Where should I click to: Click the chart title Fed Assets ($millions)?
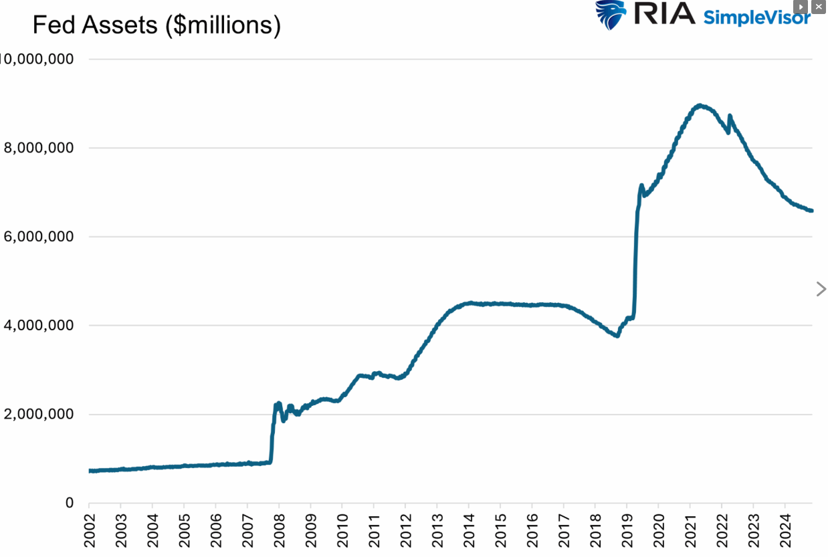coord(157,25)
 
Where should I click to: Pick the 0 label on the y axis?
coord(70,504)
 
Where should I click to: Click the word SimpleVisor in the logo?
coord(756,17)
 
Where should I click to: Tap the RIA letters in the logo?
coord(664,13)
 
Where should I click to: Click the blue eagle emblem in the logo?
coord(611,15)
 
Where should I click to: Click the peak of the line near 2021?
coord(700,105)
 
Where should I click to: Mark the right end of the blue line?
coord(811,211)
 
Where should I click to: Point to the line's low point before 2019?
coord(617,336)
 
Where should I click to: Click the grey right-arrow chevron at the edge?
coord(821,289)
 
